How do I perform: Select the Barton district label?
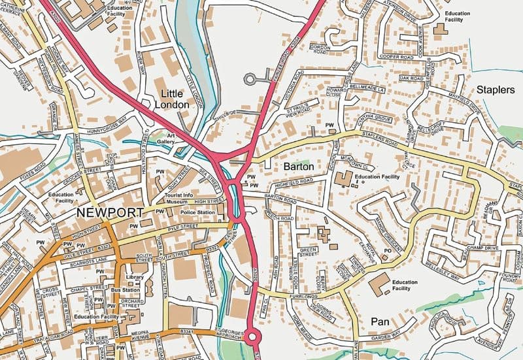click(x=299, y=167)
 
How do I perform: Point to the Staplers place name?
click(x=496, y=90)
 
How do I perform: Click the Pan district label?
click(x=380, y=321)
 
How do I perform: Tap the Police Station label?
click(x=197, y=213)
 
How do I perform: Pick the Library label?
click(x=134, y=277)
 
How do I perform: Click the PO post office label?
click(x=387, y=250)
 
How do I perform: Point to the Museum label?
click(x=176, y=203)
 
